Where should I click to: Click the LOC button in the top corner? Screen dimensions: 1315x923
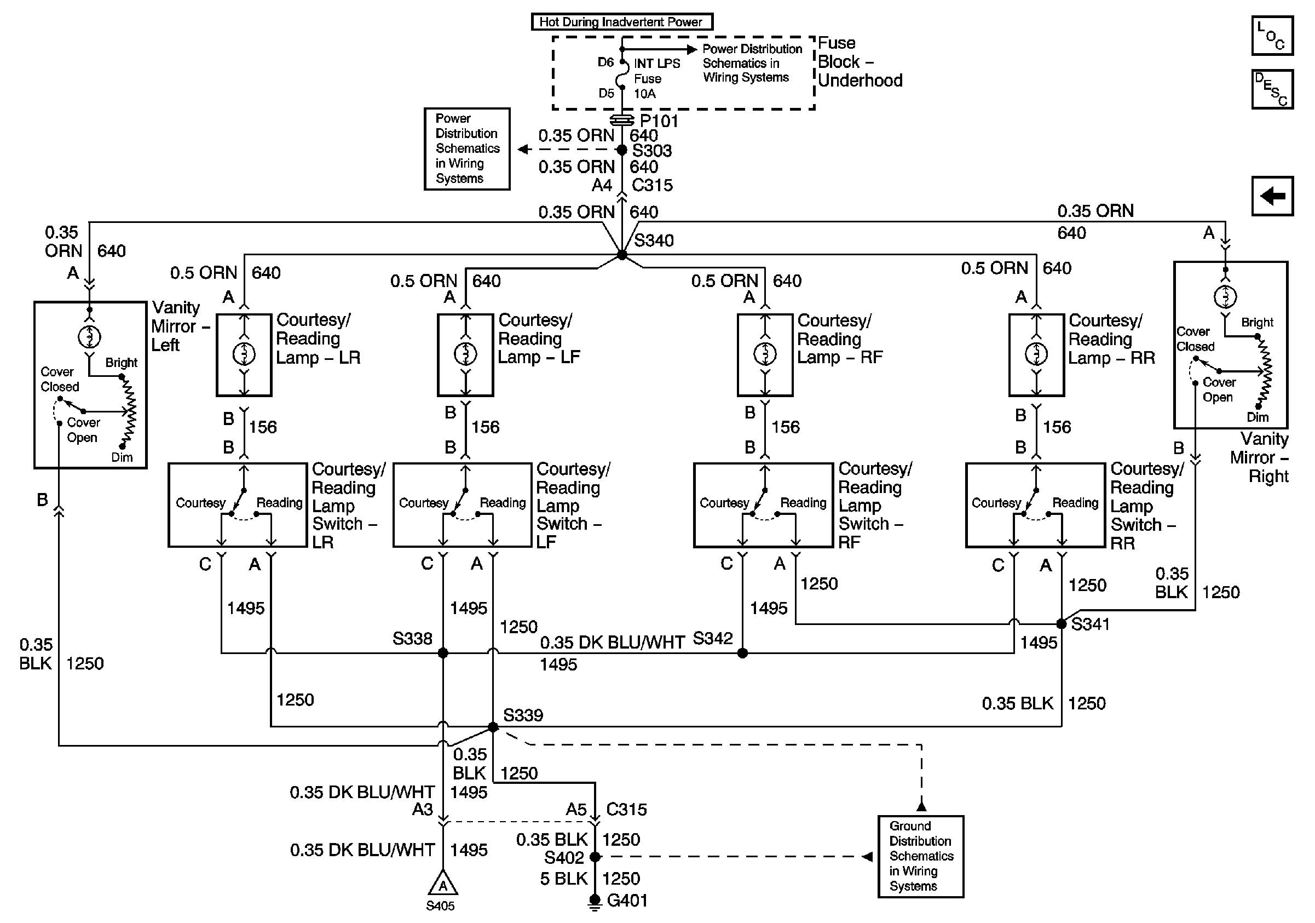click(1272, 36)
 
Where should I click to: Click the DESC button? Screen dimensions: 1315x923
click(1272, 89)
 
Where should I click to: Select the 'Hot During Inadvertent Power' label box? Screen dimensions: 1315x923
click(621, 22)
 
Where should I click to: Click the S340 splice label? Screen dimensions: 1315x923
click(654, 240)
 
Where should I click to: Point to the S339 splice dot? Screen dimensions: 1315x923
click(493, 727)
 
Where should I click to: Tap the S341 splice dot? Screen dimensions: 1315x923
click(1062, 623)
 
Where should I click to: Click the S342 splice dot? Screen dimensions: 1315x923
click(742, 652)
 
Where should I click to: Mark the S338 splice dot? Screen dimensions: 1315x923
click(443, 652)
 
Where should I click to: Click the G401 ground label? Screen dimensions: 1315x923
click(627, 900)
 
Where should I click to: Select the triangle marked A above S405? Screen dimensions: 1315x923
click(443, 883)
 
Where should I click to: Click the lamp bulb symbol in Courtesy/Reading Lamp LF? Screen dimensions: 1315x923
click(466, 354)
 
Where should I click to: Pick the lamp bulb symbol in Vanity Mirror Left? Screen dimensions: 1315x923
click(89, 336)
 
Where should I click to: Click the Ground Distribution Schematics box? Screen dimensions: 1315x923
click(921, 856)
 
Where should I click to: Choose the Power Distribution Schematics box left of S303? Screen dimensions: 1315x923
click(467, 148)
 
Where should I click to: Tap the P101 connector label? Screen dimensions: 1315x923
click(659, 121)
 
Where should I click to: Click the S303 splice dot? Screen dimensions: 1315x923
click(622, 150)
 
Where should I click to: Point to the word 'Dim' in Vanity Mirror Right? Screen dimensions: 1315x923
click(1258, 417)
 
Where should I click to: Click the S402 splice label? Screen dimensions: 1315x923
click(564, 858)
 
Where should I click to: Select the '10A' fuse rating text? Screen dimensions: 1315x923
click(644, 93)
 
